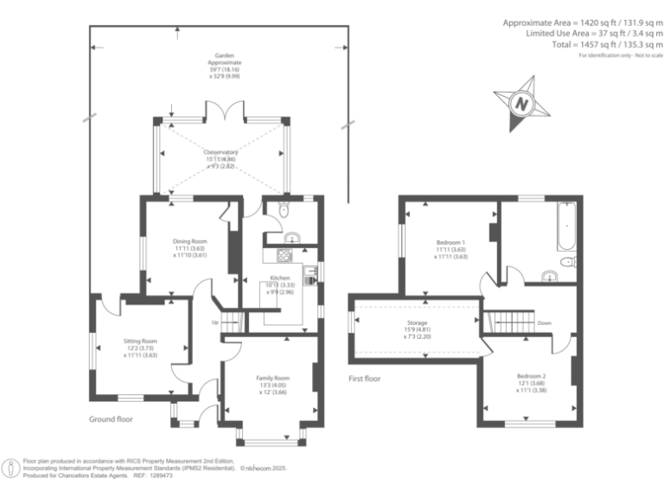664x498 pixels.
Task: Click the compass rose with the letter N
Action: click(x=520, y=103)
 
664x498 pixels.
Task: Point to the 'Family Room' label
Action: click(x=272, y=378)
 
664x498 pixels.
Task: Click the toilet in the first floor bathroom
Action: click(x=568, y=263)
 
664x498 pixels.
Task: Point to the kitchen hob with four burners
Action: click(x=284, y=254)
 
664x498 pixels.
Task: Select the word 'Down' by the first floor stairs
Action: click(x=545, y=323)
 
